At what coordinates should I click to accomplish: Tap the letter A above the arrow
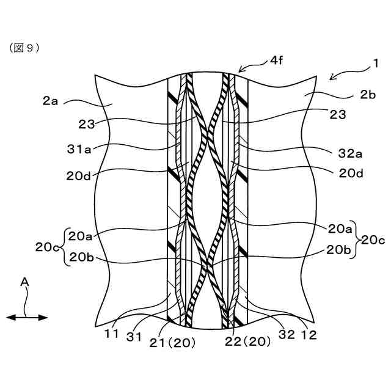tap(24, 282)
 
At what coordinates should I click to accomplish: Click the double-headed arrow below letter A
tap(27, 317)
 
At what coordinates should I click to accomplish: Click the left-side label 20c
tap(47, 247)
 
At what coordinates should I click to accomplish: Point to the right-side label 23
tap(337, 114)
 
